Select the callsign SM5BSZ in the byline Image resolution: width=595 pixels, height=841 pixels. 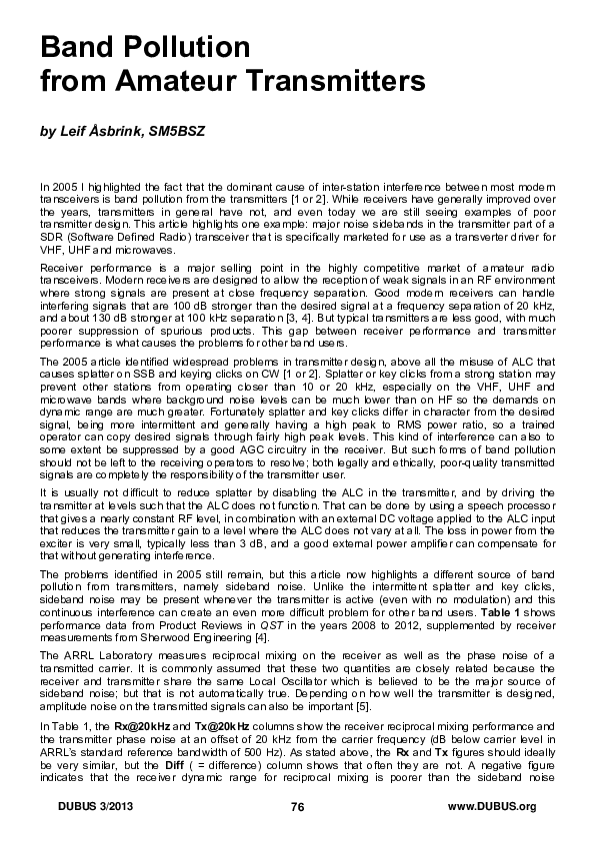pyautogui.click(x=170, y=132)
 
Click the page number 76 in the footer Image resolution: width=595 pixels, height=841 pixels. pyautogui.click(x=297, y=807)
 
